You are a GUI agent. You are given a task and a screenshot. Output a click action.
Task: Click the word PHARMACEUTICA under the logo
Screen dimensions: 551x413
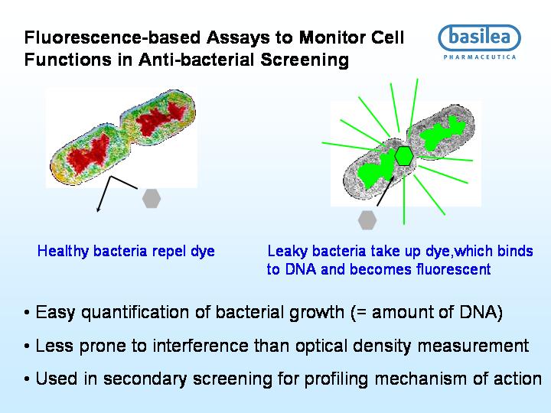coord(480,57)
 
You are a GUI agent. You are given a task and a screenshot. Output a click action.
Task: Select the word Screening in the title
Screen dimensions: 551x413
coord(305,60)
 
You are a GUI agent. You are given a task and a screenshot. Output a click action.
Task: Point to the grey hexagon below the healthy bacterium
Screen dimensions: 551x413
coord(152,198)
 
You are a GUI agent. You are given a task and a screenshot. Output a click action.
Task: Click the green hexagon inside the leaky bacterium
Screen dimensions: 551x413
coord(404,156)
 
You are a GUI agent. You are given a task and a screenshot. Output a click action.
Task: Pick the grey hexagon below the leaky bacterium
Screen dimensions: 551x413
coord(367,220)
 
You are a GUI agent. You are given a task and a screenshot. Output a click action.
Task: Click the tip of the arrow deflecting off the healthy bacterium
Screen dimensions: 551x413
coord(97,212)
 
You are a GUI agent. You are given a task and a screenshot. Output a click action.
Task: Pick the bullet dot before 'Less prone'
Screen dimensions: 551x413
coord(27,346)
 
